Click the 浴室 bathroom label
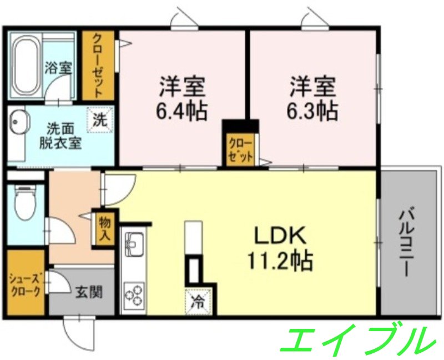click(58, 69)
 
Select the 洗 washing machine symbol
click(99, 118)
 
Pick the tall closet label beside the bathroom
click(98, 64)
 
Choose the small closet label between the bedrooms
click(240, 149)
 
